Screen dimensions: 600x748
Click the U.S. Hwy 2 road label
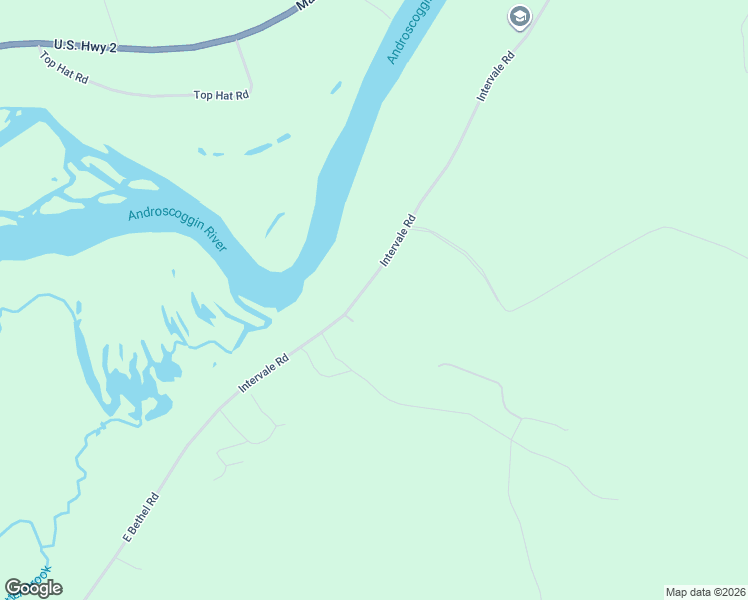pos(85,45)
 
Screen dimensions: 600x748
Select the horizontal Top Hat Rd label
pos(220,95)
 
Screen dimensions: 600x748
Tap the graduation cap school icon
pos(519,16)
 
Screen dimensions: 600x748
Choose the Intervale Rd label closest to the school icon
pos(496,76)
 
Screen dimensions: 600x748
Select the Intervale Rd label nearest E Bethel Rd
pos(263,372)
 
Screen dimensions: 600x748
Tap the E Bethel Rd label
pos(141,517)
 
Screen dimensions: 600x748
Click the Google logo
pos(33,588)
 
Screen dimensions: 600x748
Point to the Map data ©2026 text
pos(705,592)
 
